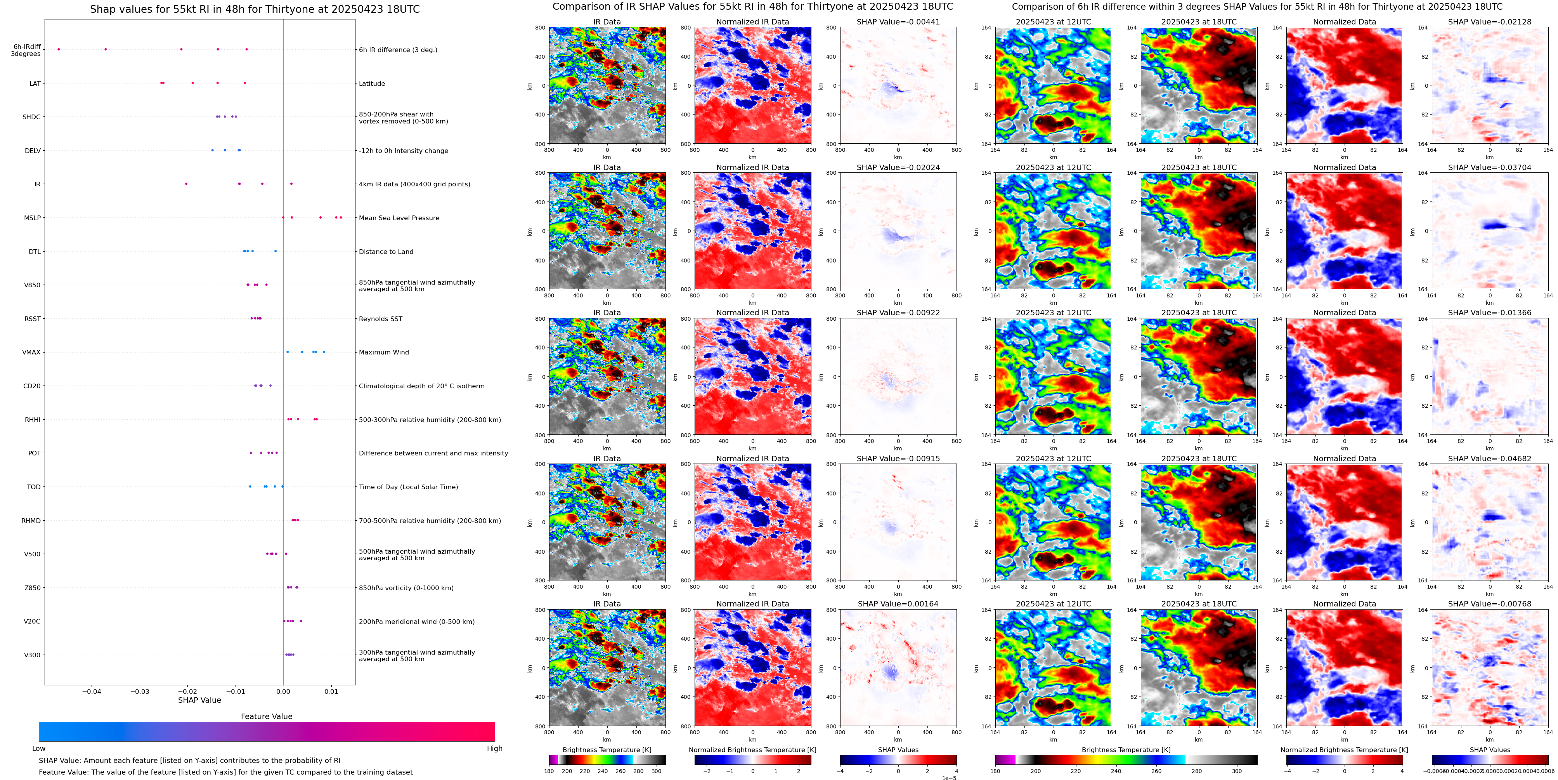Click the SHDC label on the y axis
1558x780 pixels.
click(x=31, y=117)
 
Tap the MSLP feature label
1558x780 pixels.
click(x=32, y=218)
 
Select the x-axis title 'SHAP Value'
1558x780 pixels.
click(x=199, y=700)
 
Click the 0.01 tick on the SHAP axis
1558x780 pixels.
click(x=331, y=691)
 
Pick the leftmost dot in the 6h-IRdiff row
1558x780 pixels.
click(x=59, y=49)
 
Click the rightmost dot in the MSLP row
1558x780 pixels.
click(x=341, y=217)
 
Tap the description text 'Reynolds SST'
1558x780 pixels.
click(x=380, y=319)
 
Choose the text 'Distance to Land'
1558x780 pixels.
click(x=386, y=252)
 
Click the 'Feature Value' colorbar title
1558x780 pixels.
click(x=266, y=716)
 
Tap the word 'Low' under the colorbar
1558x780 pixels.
click(x=39, y=749)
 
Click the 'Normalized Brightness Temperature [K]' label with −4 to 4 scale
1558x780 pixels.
click(x=1344, y=750)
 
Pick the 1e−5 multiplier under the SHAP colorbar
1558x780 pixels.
click(x=949, y=778)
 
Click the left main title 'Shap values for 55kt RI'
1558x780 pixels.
click(x=255, y=9)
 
